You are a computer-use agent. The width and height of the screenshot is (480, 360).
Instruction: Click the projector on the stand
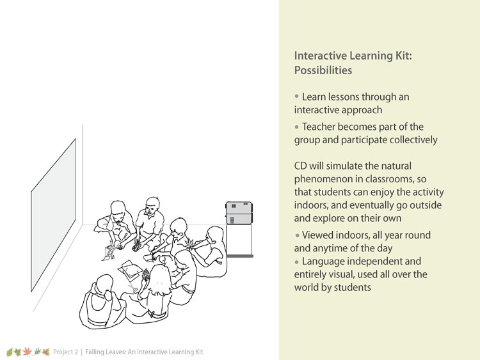(x=239, y=213)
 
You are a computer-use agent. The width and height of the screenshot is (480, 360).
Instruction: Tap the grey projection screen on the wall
(x=54, y=215)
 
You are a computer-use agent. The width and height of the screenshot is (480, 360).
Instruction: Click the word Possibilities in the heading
(x=323, y=70)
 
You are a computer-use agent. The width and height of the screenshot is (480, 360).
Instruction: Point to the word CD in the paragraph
(x=300, y=166)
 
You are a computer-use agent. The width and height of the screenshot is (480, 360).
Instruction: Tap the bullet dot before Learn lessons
(x=296, y=96)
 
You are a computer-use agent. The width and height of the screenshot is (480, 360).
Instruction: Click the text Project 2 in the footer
(x=65, y=352)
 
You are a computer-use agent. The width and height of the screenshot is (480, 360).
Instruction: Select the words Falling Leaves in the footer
(x=105, y=352)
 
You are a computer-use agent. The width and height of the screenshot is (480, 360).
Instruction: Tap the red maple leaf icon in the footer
(x=28, y=352)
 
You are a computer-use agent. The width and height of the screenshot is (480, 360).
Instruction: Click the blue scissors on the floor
(x=133, y=288)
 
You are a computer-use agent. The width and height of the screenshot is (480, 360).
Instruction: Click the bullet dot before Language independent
(x=296, y=262)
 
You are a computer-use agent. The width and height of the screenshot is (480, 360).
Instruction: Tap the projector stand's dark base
(x=240, y=256)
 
